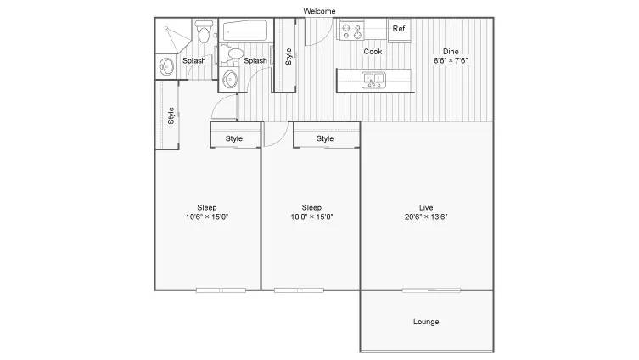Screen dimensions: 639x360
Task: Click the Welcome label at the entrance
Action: coord(319,11)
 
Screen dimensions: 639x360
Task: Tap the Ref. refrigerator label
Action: coord(400,29)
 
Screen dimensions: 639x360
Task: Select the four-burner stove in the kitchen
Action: coord(351,31)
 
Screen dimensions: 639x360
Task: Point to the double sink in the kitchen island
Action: coord(373,80)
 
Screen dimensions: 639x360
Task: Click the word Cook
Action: coord(373,52)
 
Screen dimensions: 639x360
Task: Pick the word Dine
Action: coord(451,52)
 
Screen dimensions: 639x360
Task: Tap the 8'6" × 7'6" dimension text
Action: coord(451,61)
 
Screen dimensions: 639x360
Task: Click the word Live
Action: coord(426,207)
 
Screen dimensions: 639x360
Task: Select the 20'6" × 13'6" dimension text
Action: coord(426,217)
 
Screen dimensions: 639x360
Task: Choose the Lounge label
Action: coord(426,322)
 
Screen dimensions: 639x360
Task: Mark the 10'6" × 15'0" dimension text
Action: coord(207,217)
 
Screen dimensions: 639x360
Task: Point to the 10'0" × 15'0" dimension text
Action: coord(311,217)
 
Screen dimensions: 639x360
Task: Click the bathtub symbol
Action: coord(245,31)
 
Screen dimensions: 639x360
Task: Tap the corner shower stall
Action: coord(173,37)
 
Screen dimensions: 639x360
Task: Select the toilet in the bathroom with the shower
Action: coord(204,32)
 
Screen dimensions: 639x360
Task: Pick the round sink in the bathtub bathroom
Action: coord(230,79)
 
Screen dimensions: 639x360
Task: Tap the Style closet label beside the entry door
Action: coord(289,57)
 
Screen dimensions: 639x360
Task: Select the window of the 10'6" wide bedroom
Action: coord(221,290)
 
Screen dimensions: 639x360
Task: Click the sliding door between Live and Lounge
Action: coord(432,290)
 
